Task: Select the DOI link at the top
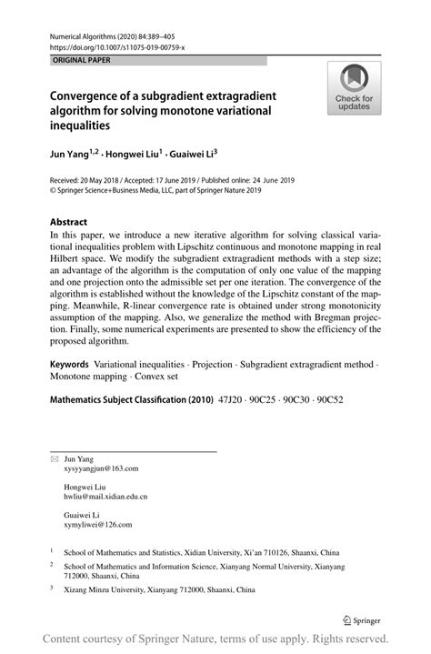point(107,47)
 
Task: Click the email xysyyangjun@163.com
point(101,468)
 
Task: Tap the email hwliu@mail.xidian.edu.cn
point(105,498)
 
